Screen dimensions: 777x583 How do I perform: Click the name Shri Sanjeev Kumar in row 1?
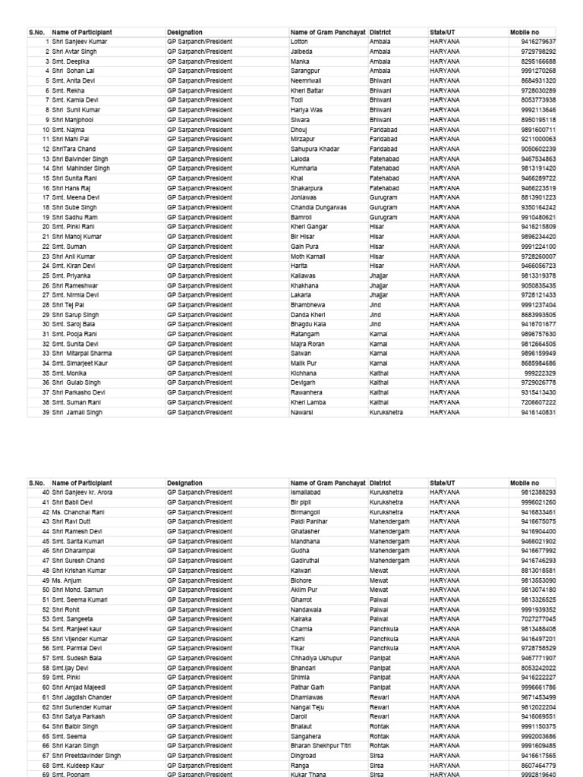80,42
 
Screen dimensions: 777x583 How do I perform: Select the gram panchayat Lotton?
299,42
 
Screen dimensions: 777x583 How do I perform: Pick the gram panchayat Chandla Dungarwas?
318,207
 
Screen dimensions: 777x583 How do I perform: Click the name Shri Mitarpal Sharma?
81,354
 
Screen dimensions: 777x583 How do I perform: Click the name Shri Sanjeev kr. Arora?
84,492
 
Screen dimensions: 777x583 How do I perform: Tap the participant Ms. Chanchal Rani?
78,512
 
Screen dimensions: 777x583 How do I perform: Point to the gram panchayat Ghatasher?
306,532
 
